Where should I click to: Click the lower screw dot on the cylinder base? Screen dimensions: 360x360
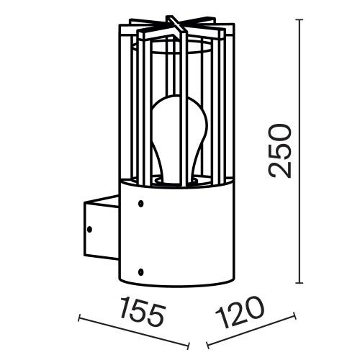pyautogui.click(x=141, y=271)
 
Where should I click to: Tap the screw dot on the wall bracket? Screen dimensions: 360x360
pyautogui.click(x=90, y=230)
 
